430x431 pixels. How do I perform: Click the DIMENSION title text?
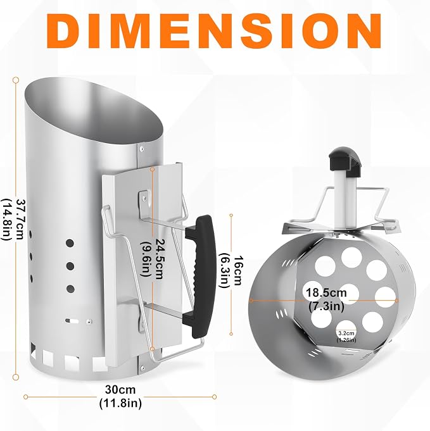coord(214,30)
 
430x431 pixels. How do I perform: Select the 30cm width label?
coord(120,389)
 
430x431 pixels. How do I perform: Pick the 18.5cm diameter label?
coord(326,292)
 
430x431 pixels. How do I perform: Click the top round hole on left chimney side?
coord(70,243)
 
